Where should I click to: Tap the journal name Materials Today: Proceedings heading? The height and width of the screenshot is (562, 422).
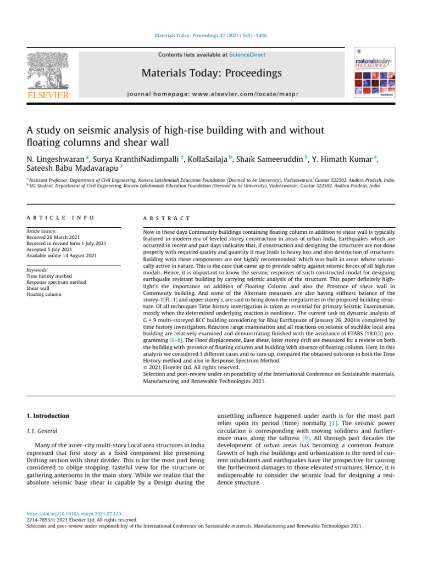coord(212,73)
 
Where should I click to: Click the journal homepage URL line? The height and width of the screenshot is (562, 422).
coord(212,94)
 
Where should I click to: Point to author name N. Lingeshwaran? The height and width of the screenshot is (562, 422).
coord(55,159)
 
